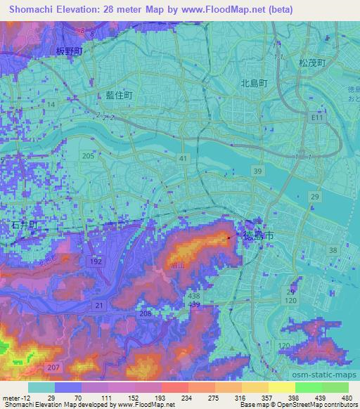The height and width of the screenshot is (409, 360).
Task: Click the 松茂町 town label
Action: click(x=312, y=63)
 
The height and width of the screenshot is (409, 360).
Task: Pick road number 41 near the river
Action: click(x=183, y=160)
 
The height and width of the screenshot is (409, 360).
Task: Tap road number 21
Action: click(x=99, y=304)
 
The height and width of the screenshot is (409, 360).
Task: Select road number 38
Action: click(x=333, y=250)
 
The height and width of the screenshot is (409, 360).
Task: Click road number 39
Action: click(x=259, y=171)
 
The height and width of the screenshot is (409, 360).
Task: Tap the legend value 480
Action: click(x=346, y=397)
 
